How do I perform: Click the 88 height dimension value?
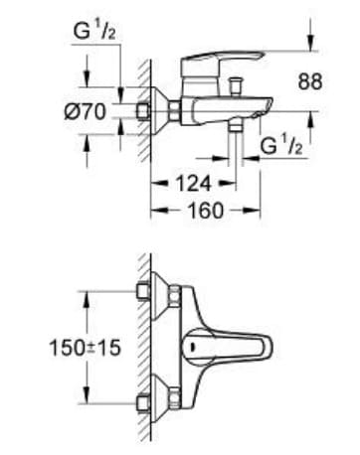click(310, 83)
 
